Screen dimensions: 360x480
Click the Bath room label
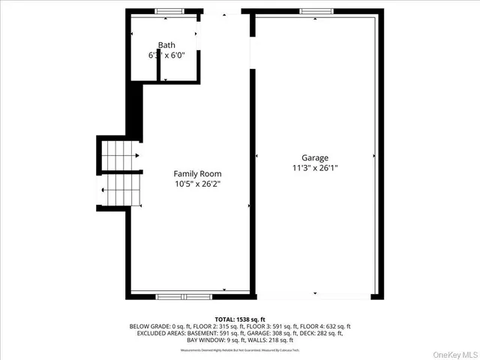[x=166, y=45]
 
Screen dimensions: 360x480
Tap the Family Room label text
[x=197, y=173]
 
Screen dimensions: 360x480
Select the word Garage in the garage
[x=315, y=157]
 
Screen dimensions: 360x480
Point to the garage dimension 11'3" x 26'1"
[x=315, y=168]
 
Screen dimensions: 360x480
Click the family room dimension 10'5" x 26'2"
[x=197, y=183]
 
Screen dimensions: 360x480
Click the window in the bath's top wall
[x=169, y=11]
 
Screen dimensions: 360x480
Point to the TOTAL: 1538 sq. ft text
[x=240, y=319]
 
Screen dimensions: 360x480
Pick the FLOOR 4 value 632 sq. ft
[x=334, y=326]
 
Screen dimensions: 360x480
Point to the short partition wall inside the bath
[x=161, y=68]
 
